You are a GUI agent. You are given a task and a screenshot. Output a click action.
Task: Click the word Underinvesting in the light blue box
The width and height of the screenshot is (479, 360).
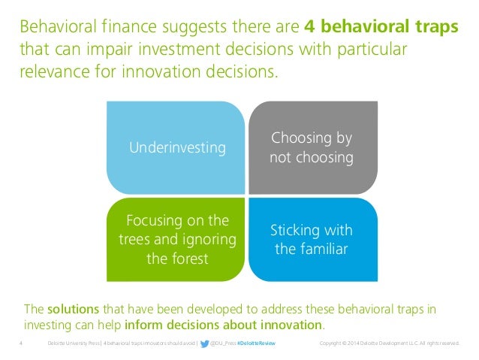pyautogui.click(x=177, y=148)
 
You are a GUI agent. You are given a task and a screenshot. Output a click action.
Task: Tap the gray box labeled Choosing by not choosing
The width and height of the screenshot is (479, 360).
pyautogui.click(x=311, y=148)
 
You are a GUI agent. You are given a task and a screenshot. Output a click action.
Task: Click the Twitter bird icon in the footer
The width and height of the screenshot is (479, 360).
pyautogui.click(x=204, y=343)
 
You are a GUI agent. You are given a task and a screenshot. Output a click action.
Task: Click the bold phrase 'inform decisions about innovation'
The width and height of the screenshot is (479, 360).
pyautogui.click(x=224, y=325)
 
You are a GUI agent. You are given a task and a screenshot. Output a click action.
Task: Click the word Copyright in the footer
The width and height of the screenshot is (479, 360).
pyautogui.click(x=333, y=343)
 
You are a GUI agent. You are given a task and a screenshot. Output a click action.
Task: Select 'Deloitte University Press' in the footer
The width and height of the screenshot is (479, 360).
pyautogui.click(x=73, y=343)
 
